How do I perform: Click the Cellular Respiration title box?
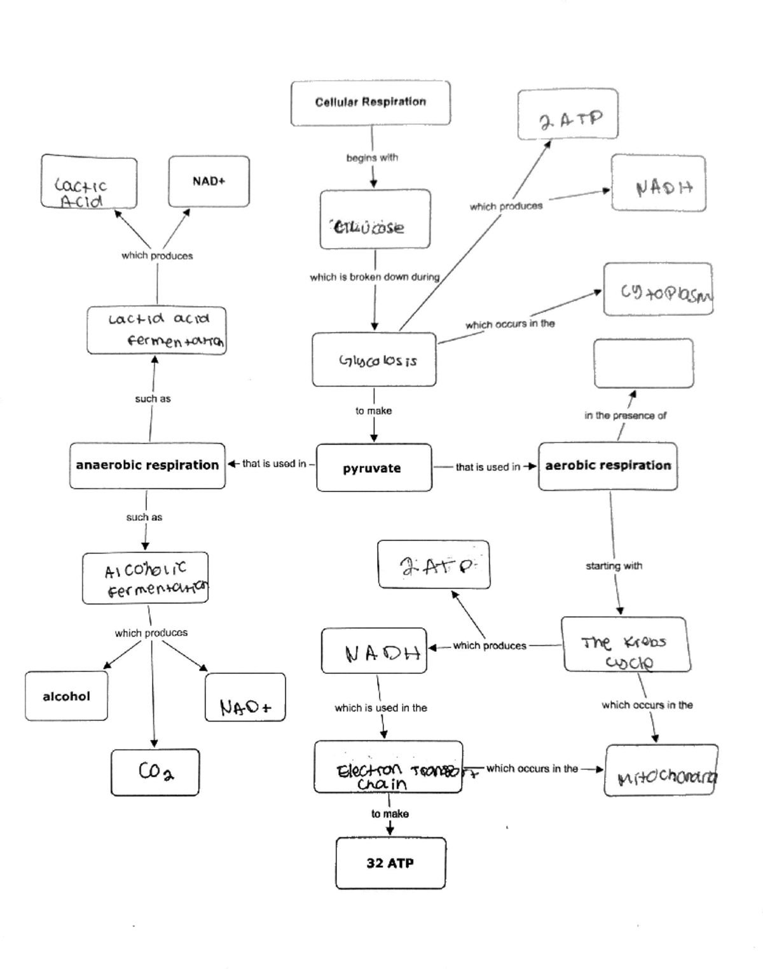click(x=371, y=102)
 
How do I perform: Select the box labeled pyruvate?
click(x=373, y=468)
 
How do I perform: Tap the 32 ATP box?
click(x=390, y=863)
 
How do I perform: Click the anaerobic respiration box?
click(x=148, y=465)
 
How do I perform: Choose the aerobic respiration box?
click(x=608, y=466)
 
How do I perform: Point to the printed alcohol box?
click(x=66, y=696)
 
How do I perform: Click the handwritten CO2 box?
click(x=155, y=772)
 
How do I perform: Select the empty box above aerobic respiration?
click(x=643, y=363)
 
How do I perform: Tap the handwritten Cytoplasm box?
click(x=658, y=289)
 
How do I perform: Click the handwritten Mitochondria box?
click(x=661, y=770)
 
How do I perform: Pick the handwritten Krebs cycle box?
click(x=626, y=644)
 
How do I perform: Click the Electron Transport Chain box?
click(x=388, y=767)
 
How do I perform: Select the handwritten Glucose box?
click(x=375, y=219)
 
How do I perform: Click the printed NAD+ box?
click(x=209, y=181)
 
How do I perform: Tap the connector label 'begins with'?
click(x=372, y=158)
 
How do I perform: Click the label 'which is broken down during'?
click(x=375, y=277)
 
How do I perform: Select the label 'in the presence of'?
click(x=625, y=416)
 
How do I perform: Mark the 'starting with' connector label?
click(x=614, y=566)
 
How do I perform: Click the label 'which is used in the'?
click(x=381, y=708)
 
